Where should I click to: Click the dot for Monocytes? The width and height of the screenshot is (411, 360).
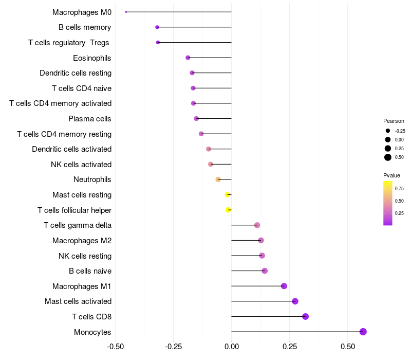pos(363,332)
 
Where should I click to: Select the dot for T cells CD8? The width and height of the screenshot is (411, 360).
pos(306,316)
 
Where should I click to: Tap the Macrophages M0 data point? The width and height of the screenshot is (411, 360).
pos(126,12)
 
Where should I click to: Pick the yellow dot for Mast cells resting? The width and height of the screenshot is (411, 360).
pos(228,194)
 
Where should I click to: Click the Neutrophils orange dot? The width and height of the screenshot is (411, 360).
pos(218,179)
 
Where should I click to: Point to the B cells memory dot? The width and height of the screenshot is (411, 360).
pos(157,27)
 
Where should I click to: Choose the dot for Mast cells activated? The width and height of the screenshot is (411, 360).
pos(295,301)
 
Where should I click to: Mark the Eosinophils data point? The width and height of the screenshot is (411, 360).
pos(188,58)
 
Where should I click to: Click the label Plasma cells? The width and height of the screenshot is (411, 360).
pos(90,119)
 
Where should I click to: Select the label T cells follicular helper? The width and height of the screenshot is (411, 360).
pos(74,210)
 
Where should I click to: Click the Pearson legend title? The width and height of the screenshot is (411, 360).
pos(394,121)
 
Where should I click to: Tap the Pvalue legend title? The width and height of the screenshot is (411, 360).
pos(392,175)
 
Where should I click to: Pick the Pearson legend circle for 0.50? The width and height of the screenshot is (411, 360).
pos(388,157)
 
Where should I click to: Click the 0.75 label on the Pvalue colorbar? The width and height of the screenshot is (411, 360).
pos(399,188)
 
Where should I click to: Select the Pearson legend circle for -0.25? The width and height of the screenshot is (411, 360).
pos(388,131)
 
